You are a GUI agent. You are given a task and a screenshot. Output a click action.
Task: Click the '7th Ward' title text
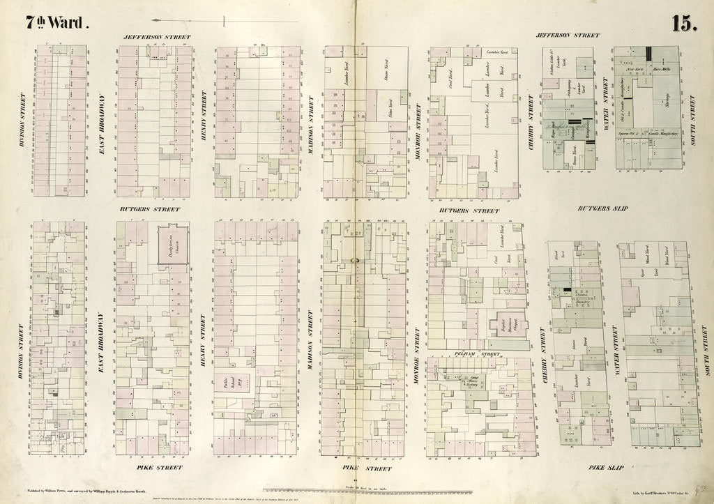pos(58,22)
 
